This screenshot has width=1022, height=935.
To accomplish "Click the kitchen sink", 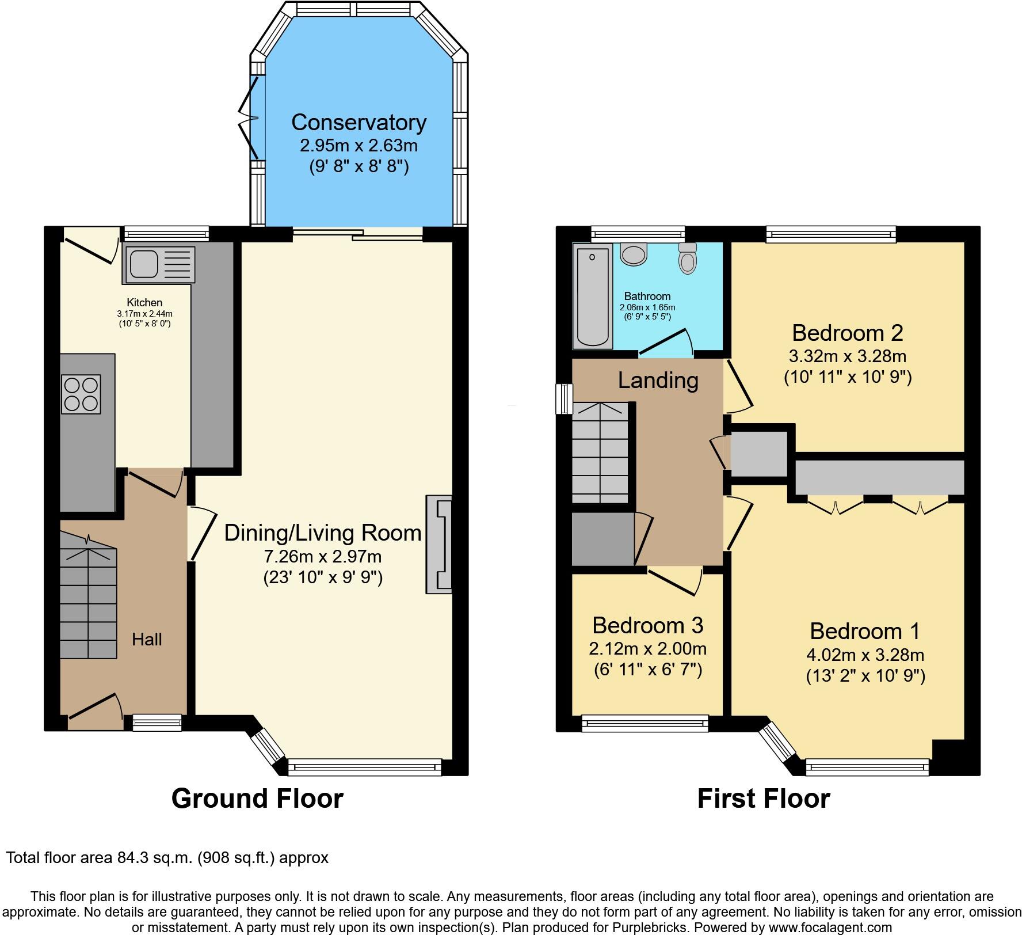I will click(158, 265).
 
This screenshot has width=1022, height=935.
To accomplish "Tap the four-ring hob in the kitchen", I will click(81, 394).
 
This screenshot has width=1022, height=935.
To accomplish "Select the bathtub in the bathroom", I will click(592, 297).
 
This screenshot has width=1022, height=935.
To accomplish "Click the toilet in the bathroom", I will click(687, 258).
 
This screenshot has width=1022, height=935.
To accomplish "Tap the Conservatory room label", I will click(359, 122).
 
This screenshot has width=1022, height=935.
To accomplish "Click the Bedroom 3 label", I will click(647, 625).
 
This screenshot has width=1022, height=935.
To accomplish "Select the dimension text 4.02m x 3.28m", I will click(865, 655).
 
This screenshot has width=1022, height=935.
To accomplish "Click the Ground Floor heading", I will click(257, 799).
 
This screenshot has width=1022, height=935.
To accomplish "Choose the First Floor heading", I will click(763, 799).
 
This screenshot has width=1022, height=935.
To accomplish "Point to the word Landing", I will click(658, 380).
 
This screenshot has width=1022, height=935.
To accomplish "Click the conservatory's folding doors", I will click(250, 118).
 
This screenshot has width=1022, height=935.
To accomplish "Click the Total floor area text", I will click(167, 858).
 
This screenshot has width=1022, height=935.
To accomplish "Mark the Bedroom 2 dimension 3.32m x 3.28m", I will click(848, 356).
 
